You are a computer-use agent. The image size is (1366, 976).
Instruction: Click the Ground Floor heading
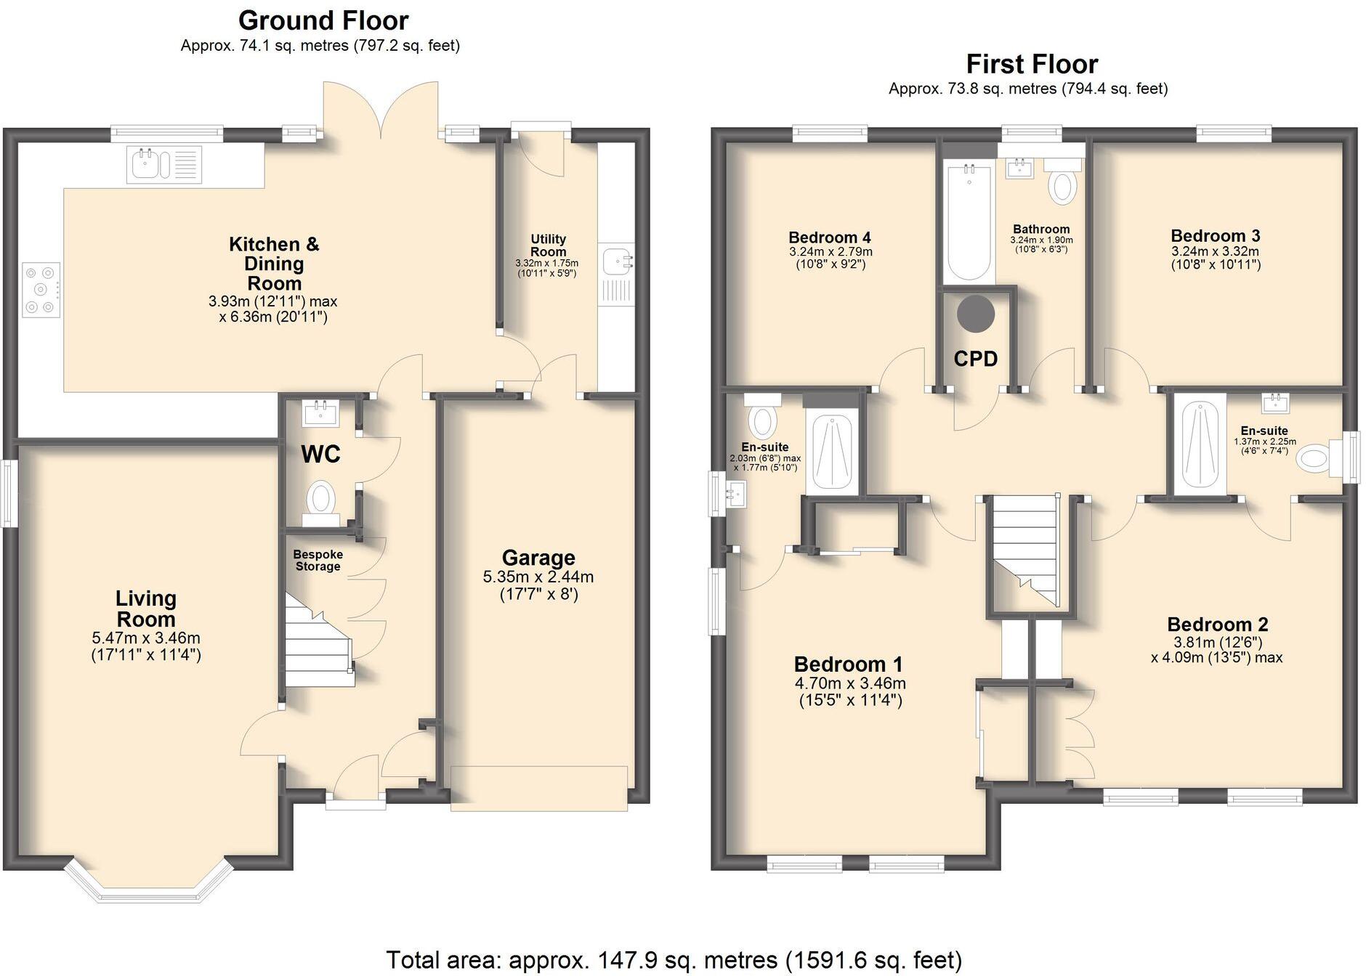coord(323,20)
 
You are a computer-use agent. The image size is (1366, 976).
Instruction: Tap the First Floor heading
coord(1031,64)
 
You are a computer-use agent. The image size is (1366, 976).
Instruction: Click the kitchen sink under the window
coord(148,164)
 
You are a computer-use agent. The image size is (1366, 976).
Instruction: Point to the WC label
coord(320,454)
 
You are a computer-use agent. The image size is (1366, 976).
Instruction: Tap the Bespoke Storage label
coord(318,560)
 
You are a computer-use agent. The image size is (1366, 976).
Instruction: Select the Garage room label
coord(538,557)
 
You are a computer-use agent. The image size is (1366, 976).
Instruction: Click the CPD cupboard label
coord(975,358)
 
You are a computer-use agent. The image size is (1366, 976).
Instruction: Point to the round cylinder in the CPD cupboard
coord(975,314)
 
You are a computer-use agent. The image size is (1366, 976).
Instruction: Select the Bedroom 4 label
coord(829,237)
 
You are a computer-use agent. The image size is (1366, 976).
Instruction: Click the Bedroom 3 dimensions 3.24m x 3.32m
coord(1215,251)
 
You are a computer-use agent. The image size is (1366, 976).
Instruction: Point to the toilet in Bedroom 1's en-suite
coord(762,420)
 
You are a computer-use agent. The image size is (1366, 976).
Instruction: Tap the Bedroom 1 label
coord(848,664)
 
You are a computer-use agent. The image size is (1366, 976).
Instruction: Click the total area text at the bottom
coord(674,959)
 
